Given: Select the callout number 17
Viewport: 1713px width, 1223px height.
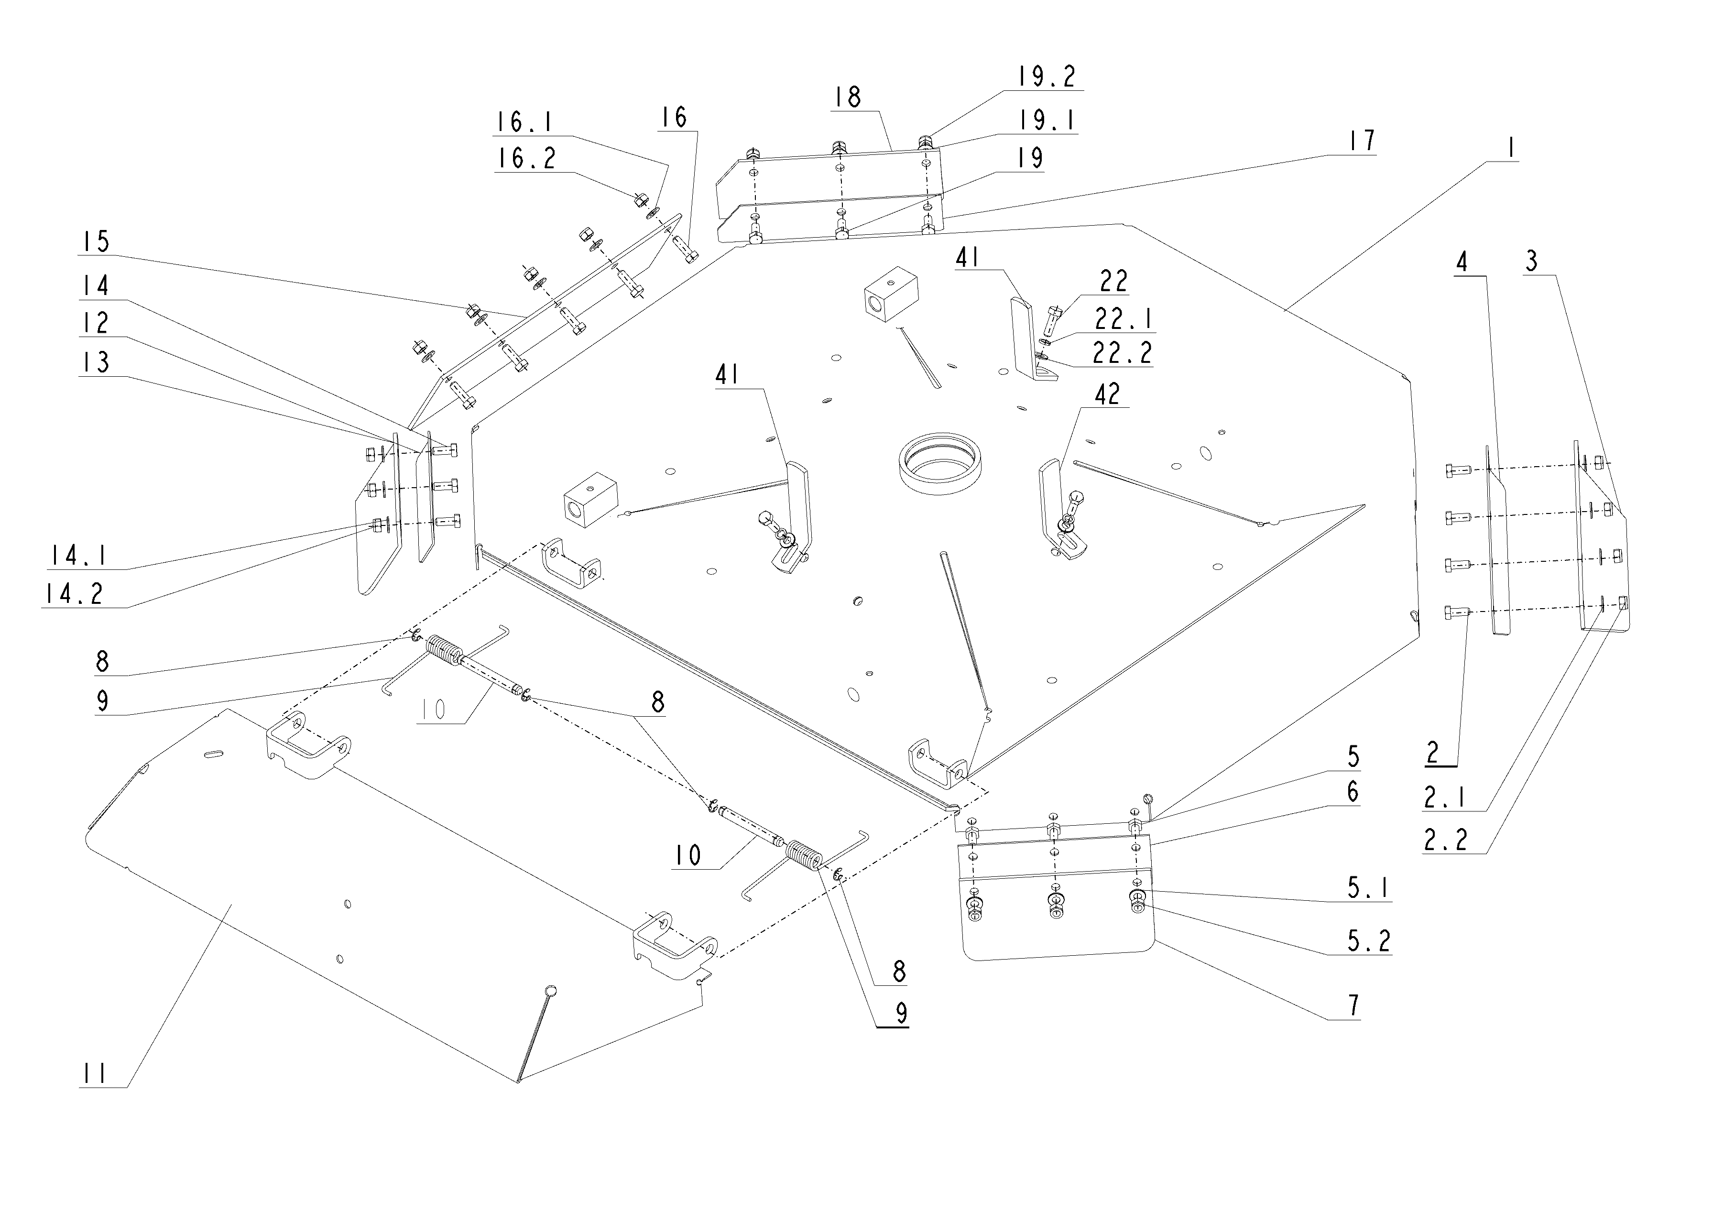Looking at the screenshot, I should pyautogui.click(x=1362, y=141).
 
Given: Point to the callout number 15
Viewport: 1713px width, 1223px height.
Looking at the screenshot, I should pyautogui.click(x=96, y=242).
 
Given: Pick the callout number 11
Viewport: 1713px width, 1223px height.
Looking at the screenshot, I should pyautogui.click(x=95, y=1073).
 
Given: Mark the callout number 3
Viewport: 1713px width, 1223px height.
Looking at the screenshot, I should pyautogui.click(x=1531, y=262).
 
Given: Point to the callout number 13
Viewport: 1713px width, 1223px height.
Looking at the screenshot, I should pyautogui.click(x=96, y=362).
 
